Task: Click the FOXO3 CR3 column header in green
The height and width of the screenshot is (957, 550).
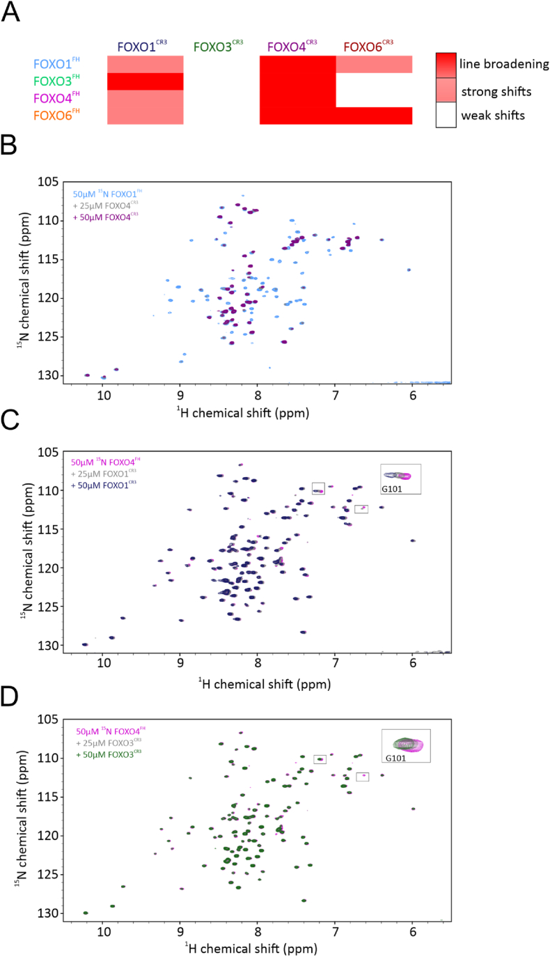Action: [x=219, y=47]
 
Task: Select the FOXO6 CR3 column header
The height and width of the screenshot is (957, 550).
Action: [x=368, y=47]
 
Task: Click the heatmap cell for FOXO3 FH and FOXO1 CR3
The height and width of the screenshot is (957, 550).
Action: [x=145, y=81]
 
